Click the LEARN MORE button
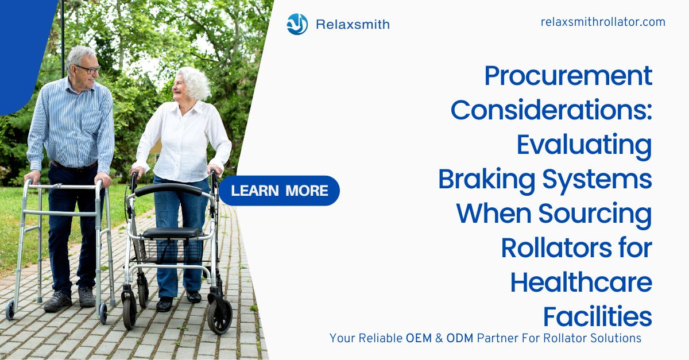point(279,191)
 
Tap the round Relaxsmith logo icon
point(297,24)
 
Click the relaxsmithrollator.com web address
point(603,22)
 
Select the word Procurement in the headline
point(568,76)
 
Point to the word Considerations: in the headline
point(552,110)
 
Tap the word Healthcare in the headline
point(581,282)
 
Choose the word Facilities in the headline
point(598,316)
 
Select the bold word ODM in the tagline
point(460,338)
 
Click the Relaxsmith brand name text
point(353,24)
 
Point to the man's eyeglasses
point(88,69)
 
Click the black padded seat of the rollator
point(171,233)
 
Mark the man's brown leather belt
point(75,167)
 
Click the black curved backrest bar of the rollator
point(169,189)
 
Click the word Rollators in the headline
point(557,248)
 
